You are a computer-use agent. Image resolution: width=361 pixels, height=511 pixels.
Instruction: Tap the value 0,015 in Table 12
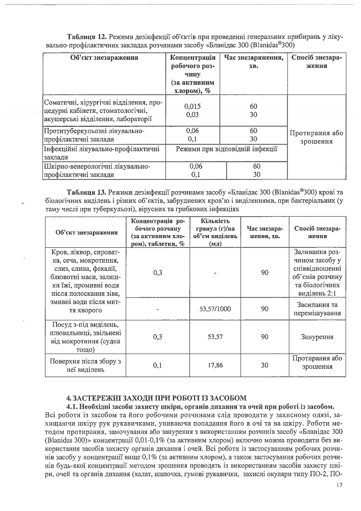[x=192, y=106]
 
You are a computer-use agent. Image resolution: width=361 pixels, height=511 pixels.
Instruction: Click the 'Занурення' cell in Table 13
[x=317, y=337]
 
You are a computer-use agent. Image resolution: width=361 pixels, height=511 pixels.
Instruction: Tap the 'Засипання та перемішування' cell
[x=317, y=309]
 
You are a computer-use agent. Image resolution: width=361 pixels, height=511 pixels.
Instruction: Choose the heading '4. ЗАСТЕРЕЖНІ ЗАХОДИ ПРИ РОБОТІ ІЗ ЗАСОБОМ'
[x=157, y=397]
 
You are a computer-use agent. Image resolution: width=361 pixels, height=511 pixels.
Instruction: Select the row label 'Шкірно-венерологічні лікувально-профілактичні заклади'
[x=97, y=170]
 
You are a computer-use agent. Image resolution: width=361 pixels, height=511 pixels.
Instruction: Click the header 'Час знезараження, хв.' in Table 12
[x=254, y=62]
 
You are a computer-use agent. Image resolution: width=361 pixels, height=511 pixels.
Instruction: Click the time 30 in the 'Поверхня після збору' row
[x=264, y=366]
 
